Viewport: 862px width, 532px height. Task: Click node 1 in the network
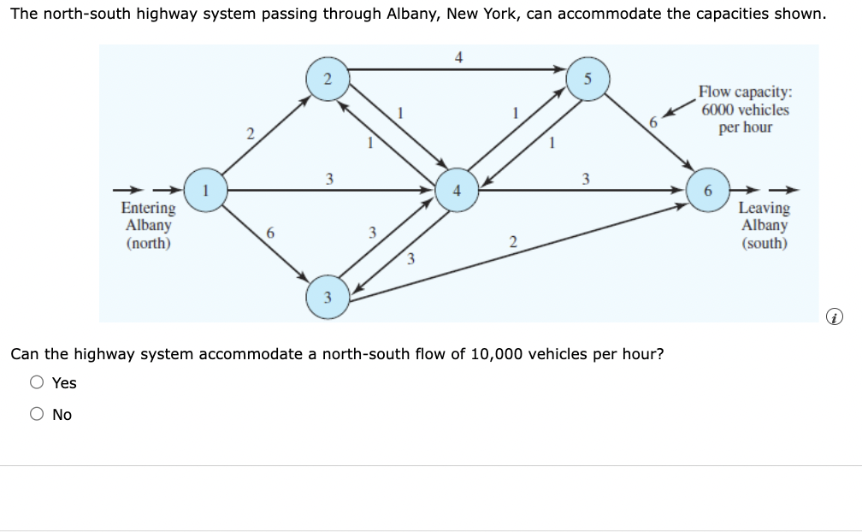click(x=205, y=189)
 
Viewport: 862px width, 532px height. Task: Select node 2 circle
click(x=327, y=80)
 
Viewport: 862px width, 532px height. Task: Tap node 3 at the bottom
click(x=327, y=296)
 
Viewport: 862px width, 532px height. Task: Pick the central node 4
click(x=456, y=189)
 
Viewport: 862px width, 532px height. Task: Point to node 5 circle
click(x=587, y=80)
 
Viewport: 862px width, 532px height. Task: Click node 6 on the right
click(x=707, y=189)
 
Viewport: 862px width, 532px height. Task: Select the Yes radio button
click(x=38, y=383)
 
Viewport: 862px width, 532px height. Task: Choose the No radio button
click(x=38, y=415)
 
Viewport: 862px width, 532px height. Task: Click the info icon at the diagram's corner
click(x=835, y=318)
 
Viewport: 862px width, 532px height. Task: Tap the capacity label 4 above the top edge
click(x=458, y=57)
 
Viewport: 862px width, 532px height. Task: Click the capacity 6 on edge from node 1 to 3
click(x=270, y=233)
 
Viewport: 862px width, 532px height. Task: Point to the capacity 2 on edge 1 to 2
click(x=250, y=133)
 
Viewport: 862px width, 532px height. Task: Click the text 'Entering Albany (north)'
click(x=148, y=226)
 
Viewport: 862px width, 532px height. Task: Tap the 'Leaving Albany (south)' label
click(x=764, y=226)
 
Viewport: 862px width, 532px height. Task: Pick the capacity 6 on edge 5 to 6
click(x=652, y=121)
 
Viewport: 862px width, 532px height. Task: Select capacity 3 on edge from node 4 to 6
click(x=585, y=179)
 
